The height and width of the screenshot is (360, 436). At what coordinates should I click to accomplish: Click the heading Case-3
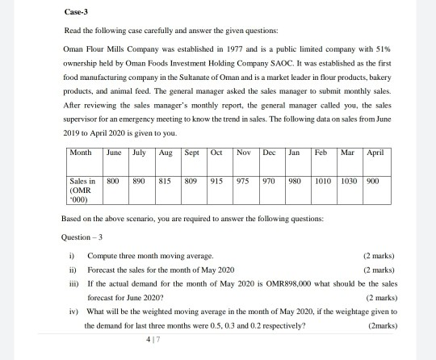[x=73, y=14]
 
